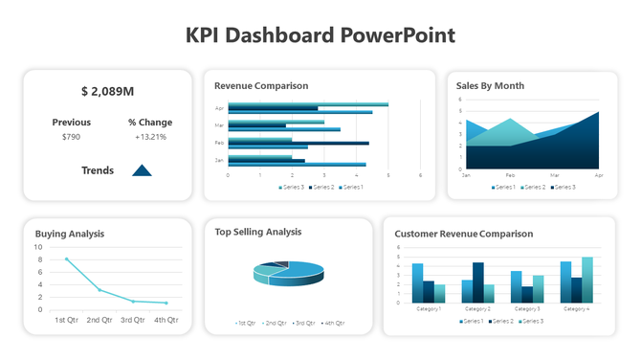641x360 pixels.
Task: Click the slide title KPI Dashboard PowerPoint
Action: [x=320, y=35]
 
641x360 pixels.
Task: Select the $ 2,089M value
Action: [x=107, y=91]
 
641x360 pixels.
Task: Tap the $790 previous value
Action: [x=71, y=137]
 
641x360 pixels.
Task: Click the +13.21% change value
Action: [x=150, y=137]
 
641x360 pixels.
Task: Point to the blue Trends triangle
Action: [x=142, y=170]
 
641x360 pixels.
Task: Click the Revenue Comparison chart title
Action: [x=261, y=85]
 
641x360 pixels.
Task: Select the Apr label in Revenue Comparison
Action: [x=220, y=108]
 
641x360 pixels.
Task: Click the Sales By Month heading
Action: [x=490, y=85]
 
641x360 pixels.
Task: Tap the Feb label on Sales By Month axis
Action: [x=510, y=176]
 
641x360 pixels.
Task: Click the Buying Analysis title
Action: [x=70, y=233]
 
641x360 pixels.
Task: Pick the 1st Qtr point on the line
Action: [x=66, y=259]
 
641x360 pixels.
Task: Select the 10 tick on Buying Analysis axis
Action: [x=38, y=247]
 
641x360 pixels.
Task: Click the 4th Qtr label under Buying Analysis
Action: [x=166, y=320]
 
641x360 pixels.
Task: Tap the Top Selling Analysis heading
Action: [x=258, y=231]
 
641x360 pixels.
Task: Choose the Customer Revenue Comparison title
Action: [x=464, y=233]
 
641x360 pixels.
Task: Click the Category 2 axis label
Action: [x=477, y=308]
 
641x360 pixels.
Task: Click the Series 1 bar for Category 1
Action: [x=417, y=283]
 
